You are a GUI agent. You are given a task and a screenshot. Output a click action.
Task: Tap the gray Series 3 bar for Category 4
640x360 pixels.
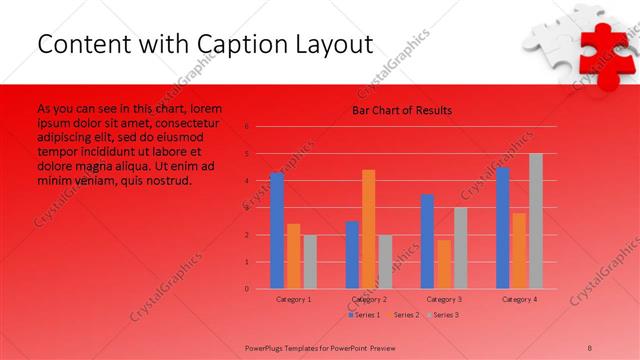click(x=535, y=221)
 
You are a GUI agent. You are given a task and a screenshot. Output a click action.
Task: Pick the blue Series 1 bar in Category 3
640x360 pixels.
click(x=427, y=241)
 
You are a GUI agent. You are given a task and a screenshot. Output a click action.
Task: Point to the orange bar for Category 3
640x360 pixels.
click(x=443, y=264)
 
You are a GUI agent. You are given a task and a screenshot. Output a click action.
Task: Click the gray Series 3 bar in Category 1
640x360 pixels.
click(x=309, y=262)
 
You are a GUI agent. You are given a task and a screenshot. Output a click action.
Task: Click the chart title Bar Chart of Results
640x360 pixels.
click(x=401, y=110)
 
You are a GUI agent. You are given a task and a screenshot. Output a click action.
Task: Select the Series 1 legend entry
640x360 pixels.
click(x=364, y=315)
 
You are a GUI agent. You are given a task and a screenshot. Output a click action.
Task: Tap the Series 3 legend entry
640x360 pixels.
click(x=442, y=315)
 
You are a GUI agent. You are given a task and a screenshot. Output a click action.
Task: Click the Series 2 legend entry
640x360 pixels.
click(x=403, y=315)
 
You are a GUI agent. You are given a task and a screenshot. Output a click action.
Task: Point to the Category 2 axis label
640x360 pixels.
click(x=369, y=299)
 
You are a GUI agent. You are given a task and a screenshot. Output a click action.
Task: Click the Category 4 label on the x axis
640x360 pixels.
click(x=519, y=299)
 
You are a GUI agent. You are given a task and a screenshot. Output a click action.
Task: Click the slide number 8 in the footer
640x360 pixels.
click(x=589, y=346)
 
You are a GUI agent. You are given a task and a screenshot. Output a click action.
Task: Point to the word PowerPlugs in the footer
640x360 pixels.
click(x=267, y=346)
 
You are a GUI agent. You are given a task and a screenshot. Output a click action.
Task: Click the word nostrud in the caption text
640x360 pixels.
click(x=167, y=181)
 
